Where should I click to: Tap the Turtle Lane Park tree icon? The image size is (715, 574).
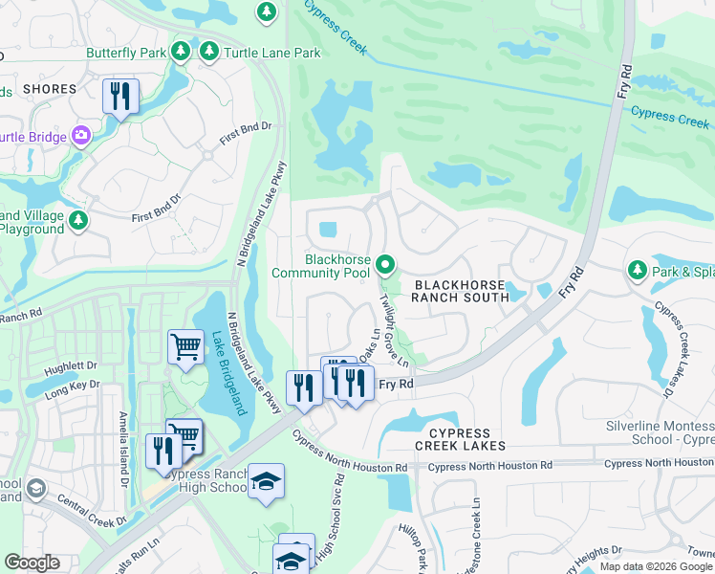pos(208,52)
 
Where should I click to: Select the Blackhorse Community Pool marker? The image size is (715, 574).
pos(386,262)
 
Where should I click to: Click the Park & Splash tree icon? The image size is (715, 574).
pos(638,271)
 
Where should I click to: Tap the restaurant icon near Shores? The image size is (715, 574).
pos(120,96)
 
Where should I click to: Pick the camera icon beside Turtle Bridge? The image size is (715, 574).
pos(81,136)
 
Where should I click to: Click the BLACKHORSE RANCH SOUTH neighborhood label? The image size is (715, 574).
pos(460,291)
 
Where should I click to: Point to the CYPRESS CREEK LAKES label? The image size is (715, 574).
pos(460,439)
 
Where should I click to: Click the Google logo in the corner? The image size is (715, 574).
pos(32,562)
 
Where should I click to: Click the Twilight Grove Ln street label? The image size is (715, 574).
pos(394,331)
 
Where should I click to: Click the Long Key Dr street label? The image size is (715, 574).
pos(69,391)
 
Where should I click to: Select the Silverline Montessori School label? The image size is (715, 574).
pos(660,431)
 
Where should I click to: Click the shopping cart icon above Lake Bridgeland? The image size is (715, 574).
pos(185,348)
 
